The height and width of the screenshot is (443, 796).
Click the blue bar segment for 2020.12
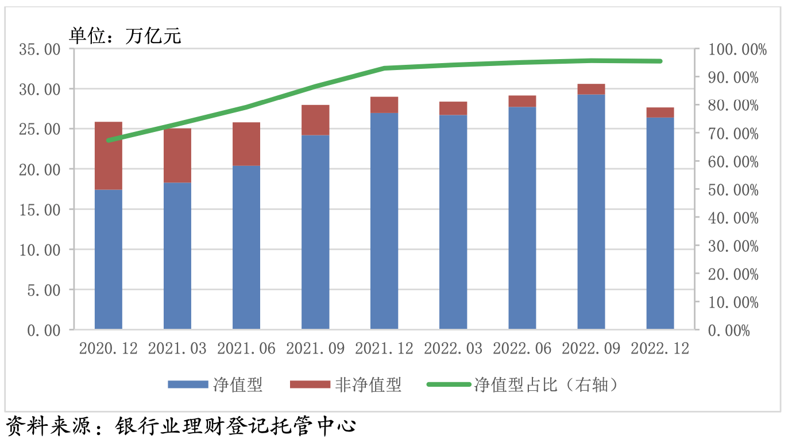point(109,259)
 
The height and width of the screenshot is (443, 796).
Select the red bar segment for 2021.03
point(177,156)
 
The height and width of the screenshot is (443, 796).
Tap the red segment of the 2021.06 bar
point(246,144)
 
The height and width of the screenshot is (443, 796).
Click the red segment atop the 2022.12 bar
point(660,112)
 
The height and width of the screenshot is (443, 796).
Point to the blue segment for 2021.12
point(384,221)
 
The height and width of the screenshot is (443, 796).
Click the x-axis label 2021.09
point(315,348)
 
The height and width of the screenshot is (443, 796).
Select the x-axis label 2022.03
point(453,348)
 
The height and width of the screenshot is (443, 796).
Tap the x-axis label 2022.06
point(522,348)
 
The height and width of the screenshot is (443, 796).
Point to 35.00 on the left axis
point(40,49)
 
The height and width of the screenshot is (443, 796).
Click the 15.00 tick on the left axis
point(40,210)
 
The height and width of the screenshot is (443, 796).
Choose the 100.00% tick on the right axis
point(737,50)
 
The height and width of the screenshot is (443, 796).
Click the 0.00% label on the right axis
point(729,331)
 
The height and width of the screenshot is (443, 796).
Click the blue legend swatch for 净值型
point(188,384)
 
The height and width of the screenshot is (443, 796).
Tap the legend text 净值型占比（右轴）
point(546,384)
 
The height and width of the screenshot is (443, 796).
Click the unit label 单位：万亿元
point(125,36)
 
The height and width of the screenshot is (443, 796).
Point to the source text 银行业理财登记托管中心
point(236,426)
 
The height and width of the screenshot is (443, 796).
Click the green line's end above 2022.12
point(660,61)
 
